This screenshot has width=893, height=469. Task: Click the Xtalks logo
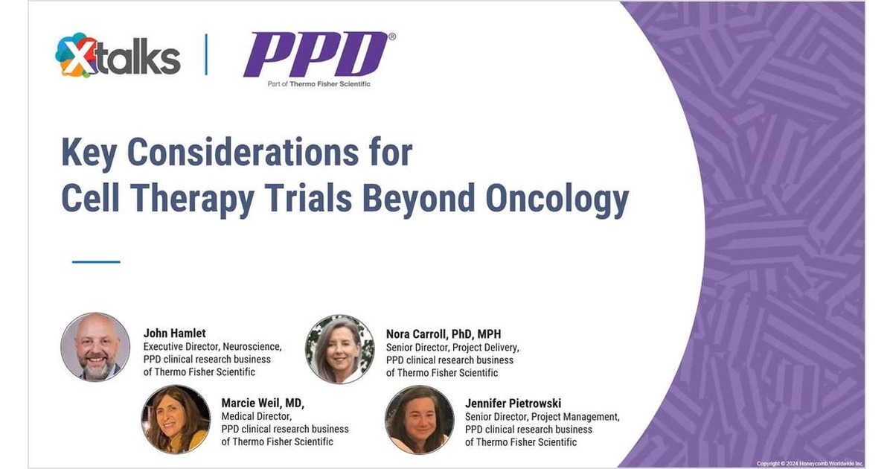click(x=118, y=57)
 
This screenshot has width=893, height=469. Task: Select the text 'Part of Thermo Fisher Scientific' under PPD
click(x=319, y=84)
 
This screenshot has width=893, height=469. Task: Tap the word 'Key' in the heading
click(x=90, y=153)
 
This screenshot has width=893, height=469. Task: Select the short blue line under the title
click(x=96, y=261)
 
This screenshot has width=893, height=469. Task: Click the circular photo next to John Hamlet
click(x=95, y=347)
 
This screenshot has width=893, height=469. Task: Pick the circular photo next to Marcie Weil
click(x=176, y=418)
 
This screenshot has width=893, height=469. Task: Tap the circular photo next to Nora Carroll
click(x=339, y=348)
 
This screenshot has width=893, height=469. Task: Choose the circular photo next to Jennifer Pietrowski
click(x=419, y=419)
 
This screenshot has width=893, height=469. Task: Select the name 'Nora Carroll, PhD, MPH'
click(x=444, y=334)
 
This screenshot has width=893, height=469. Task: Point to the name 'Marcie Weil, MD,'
click(x=263, y=403)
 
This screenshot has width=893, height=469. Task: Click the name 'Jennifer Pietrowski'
click(x=514, y=403)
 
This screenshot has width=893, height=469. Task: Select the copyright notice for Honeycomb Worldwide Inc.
click(x=810, y=463)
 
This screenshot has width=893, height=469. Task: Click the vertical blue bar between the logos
click(x=206, y=54)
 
